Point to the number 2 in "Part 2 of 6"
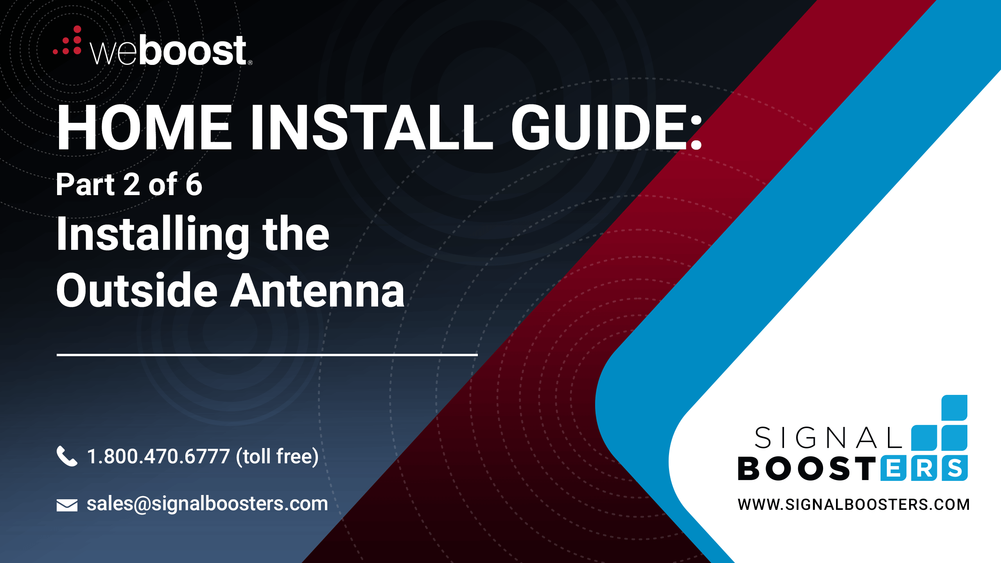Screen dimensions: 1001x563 pos(131,185)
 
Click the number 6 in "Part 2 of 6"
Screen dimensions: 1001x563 pos(194,185)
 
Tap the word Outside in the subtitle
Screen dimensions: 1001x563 pos(137,290)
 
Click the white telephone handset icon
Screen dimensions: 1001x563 pos(67,456)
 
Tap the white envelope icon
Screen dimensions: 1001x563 pos(67,505)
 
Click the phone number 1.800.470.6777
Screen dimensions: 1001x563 pos(158,456)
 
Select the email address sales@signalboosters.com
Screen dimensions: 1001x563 pos(207,504)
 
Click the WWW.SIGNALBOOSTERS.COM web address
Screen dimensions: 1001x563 pos(854,504)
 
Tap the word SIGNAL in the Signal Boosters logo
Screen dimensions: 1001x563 pos(828,437)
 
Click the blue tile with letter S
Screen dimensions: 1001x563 pos(954,468)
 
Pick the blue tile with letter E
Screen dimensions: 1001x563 pos(893,468)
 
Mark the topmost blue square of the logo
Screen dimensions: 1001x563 pos(954,408)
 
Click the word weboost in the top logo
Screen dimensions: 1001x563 pos(169,50)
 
